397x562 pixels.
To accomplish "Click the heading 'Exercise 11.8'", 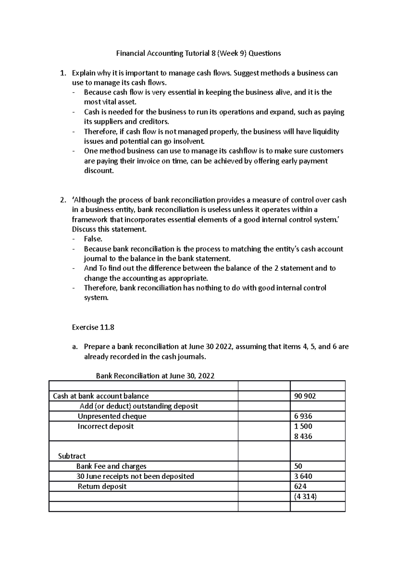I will coord(93,327).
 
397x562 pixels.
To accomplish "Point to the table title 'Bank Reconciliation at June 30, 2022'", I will coord(155,376).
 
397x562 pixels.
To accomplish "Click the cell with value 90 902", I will coord(305,396).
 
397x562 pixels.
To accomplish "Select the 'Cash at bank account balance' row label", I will coord(101,396).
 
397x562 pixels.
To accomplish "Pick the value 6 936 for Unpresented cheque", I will coord(303,416).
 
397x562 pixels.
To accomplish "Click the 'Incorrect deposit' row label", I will coord(106,426).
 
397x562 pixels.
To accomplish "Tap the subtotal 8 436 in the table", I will coord(303,436).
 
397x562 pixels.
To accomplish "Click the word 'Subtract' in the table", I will coord(72,456).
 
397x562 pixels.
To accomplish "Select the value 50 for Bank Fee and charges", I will coord(298,466).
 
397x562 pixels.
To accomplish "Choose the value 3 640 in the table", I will coord(303,476).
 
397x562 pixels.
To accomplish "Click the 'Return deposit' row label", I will coord(102,487).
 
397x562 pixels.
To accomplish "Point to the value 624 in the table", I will coord(300,487).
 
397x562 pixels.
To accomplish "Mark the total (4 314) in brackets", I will coord(305,496).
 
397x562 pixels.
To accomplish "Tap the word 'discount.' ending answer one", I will coord(99,171).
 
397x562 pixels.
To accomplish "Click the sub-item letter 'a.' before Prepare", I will coord(75,347).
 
